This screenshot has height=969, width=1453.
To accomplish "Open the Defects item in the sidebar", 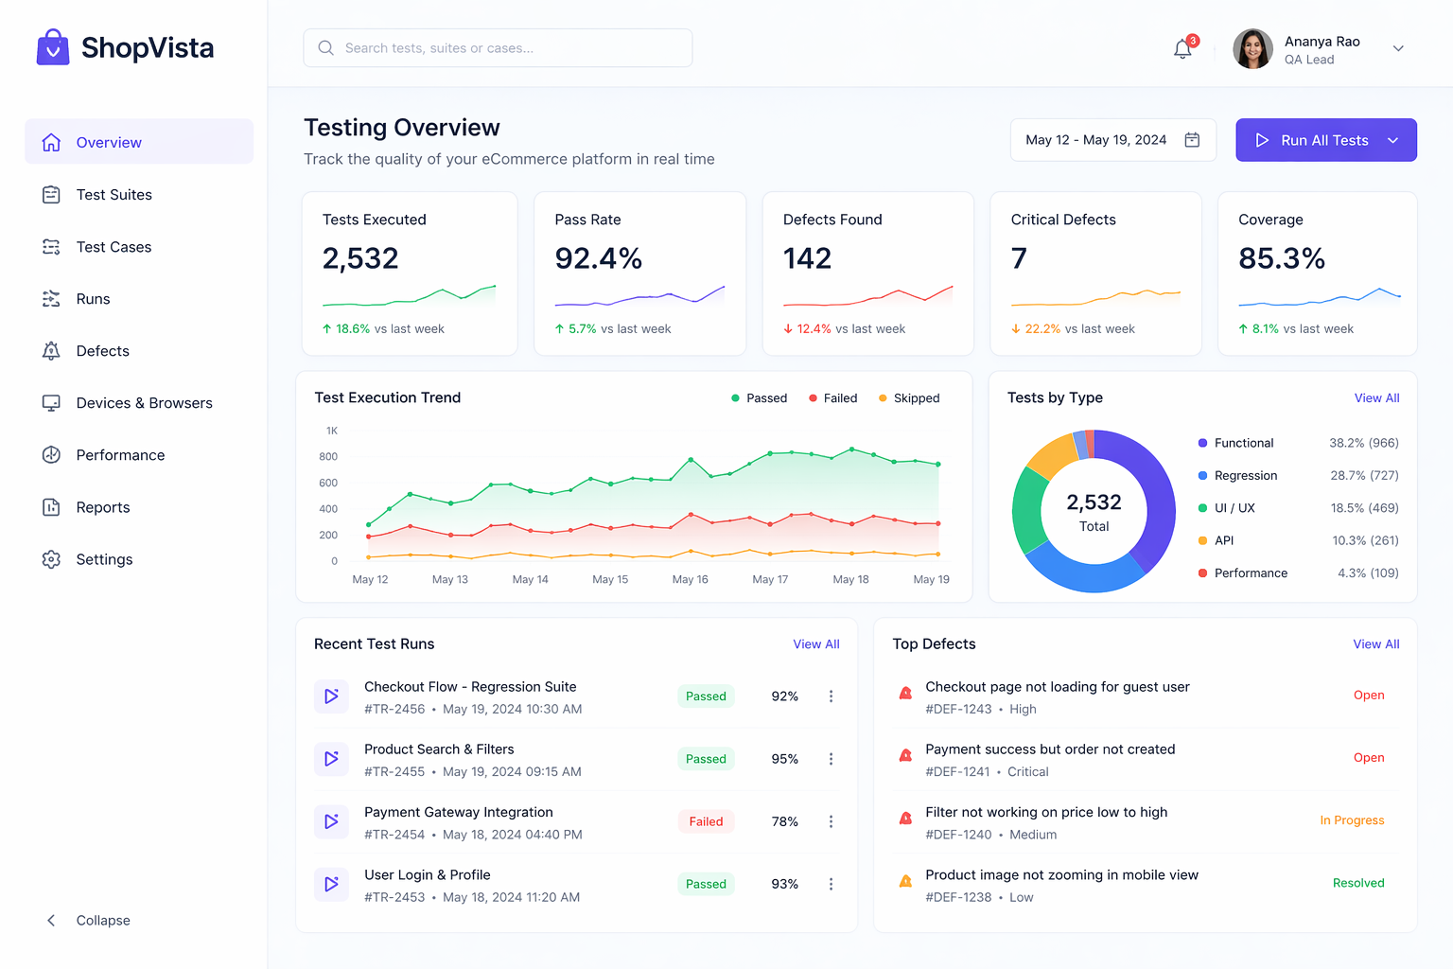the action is (102, 351).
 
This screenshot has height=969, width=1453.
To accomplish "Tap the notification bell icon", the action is (1182, 49).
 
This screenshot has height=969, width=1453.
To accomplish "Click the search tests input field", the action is (498, 48).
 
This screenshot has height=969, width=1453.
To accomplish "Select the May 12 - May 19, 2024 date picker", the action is (1112, 140).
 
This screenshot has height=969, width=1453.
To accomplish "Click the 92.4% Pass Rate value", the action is (598, 258).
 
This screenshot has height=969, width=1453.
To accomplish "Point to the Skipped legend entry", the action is (909, 398).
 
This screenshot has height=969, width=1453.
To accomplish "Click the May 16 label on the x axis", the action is (690, 579).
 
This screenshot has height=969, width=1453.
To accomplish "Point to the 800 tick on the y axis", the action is (328, 457).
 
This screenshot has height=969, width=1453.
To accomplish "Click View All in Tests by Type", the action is (1376, 398).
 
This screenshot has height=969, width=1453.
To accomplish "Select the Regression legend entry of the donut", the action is (1245, 476).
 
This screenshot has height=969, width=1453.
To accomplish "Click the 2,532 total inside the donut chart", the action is (1094, 502).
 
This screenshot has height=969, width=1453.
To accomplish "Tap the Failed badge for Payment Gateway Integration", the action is (706, 821).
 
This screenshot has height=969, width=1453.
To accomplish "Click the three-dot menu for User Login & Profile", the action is (831, 884).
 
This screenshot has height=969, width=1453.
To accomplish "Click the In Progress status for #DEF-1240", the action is (1352, 820).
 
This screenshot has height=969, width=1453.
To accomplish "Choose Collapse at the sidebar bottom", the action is (102, 921).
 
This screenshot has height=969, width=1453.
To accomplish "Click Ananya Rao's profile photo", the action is (1252, 49).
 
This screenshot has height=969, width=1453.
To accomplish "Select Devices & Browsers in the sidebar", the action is (144, 403).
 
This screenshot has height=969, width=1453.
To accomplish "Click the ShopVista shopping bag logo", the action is (53, 47).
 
